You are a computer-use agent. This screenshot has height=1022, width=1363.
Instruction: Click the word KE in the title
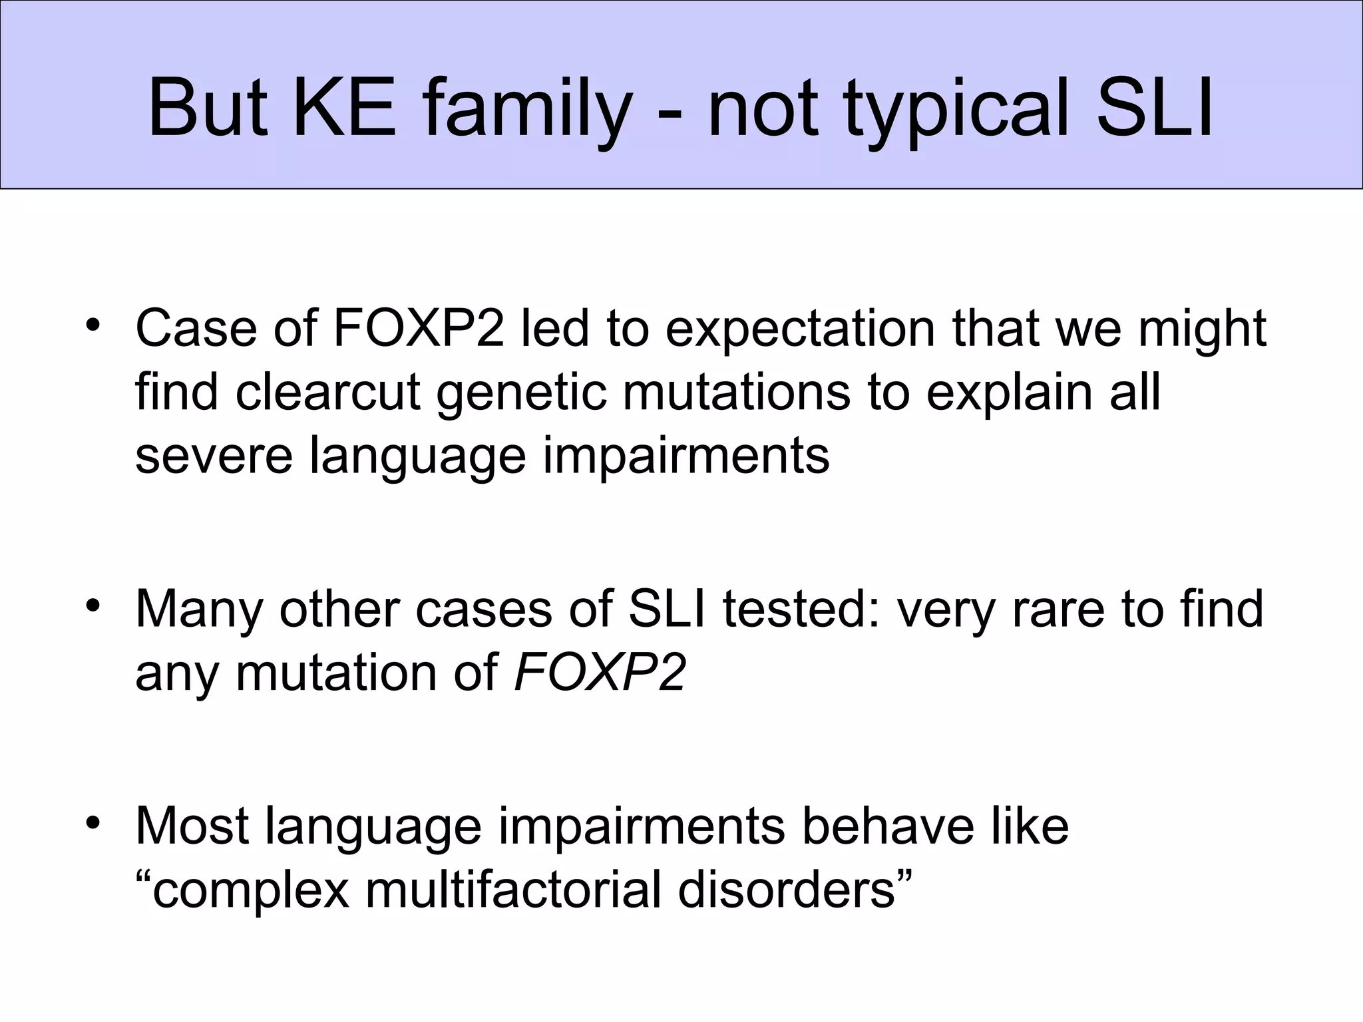pyautogui.click(x=345, y=108)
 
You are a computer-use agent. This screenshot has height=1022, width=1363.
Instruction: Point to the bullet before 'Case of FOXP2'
pyautogui.click(x=93, y=326)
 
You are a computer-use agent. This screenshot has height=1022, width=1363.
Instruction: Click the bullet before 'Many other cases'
pyautogui.click(x=93, y=606)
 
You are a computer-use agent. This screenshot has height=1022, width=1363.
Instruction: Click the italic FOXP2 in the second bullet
pyautogui.click(x=600, y=672)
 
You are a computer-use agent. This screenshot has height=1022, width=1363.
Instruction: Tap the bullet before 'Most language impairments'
pyautogui.click(x=93, y=822)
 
